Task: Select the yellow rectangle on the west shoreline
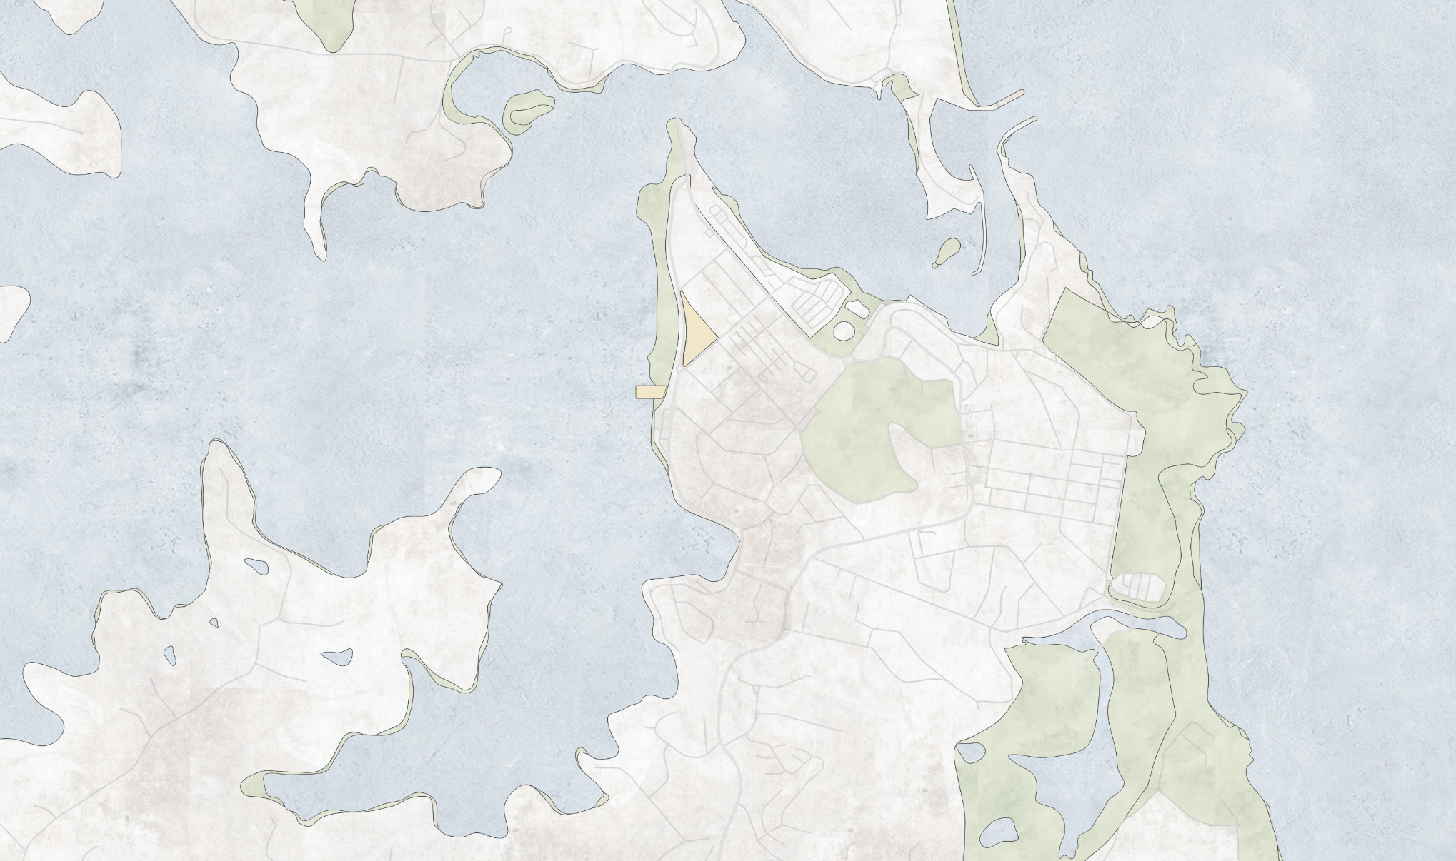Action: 650,392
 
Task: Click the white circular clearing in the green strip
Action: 844,331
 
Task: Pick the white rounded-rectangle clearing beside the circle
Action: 857,309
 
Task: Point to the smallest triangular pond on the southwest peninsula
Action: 214,623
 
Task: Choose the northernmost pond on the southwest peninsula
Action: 256,566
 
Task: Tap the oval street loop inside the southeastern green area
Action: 1140,587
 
